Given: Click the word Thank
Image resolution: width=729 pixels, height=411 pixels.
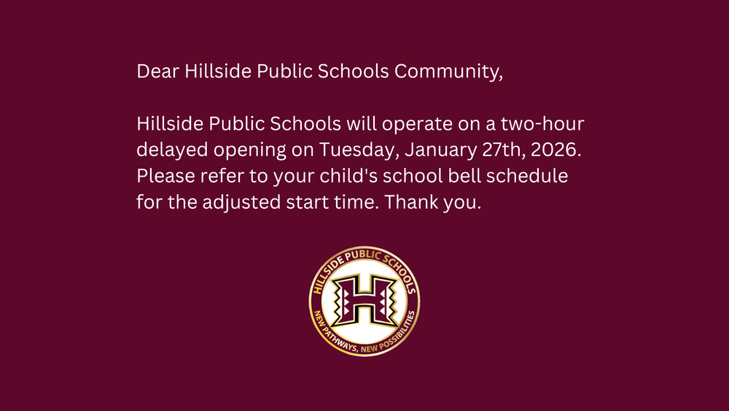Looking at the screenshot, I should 410,203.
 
